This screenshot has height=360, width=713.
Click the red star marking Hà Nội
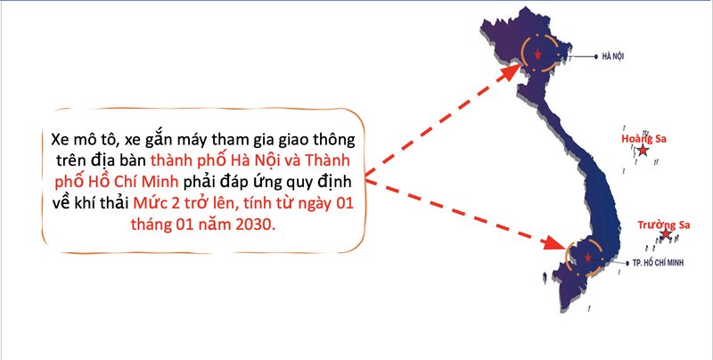click(x=538, y=55)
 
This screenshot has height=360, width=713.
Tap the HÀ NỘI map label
click(x=613, y=57)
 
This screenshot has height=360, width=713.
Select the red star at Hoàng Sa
click(x=643, y=151)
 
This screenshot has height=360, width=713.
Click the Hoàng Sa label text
click(x=643, y=139)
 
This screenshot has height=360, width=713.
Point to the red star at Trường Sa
click(x=666, y=234)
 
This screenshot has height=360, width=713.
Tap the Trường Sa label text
click(x=663, y=225)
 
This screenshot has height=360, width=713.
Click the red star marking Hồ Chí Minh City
click(x=588, y=258)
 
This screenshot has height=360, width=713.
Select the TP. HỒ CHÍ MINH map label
click(x=658, y=263)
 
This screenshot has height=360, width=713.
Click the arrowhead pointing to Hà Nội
click(x=511, y=73)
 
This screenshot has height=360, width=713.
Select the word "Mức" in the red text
click(x=146, y=203)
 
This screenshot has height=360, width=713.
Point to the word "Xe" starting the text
click(x=59, y=139)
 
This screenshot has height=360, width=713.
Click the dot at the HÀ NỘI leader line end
click(x=596, y=56)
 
